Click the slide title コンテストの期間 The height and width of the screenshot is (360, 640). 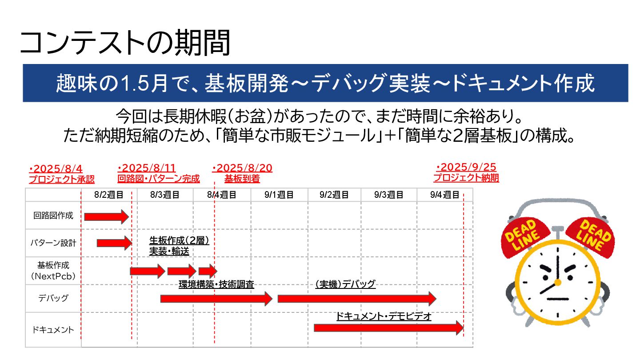click(125, 43)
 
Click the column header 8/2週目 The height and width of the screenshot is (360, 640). click(109, 195)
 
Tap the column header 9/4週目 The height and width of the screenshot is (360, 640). click(444, 195)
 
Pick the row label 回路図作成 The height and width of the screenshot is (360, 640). click(53, 216)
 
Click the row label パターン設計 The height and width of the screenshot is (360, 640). click(53, 243)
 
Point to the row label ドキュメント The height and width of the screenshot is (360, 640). click(53, 330)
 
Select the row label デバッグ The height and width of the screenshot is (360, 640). click(53, 298)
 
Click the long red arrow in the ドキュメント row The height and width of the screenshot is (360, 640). click(388, 328)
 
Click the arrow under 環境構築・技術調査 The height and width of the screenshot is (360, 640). click(216, 299)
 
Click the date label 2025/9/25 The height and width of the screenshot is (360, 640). click(466, 168)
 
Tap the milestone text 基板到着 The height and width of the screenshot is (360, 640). click(242, 179)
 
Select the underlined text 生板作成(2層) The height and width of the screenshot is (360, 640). click(179, 240)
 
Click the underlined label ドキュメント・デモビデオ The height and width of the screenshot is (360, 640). click(384, 316)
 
